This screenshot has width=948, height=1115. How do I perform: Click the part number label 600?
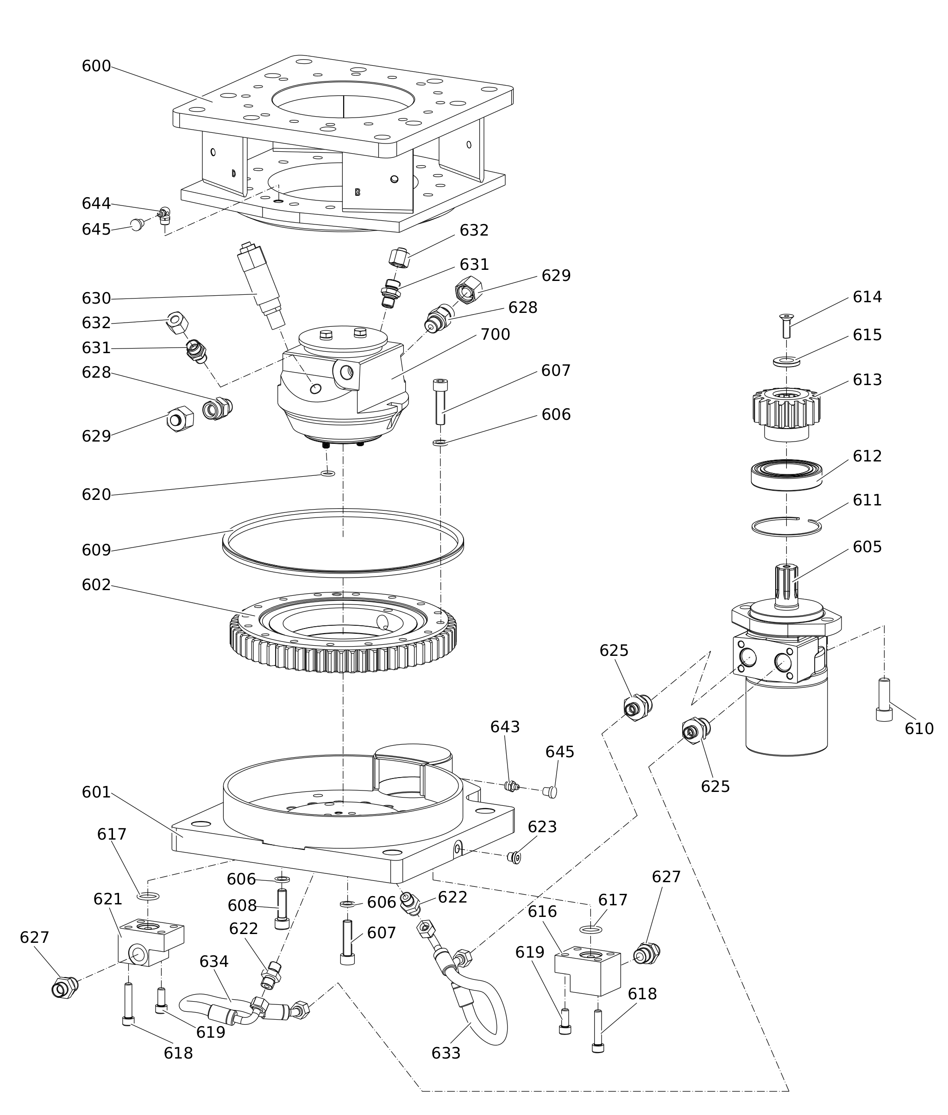tap(96, 66)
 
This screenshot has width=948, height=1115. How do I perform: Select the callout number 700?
tap(495, 334)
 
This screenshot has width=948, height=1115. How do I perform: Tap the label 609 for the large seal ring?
tap(96, 550)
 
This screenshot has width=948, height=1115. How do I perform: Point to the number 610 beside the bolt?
tap(919, 729)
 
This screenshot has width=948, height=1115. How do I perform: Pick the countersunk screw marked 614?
tap(787, 326)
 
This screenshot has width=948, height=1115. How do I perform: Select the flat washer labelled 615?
tap(787, 361)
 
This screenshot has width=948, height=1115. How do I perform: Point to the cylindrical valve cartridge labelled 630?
tap(261, 285)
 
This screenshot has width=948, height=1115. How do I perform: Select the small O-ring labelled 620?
tap(328, 473)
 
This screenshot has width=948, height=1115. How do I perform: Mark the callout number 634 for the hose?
tap(214, 961)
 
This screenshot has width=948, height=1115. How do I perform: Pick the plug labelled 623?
tap(515, 858)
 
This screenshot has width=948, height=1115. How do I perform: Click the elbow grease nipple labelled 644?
tap(164, 215)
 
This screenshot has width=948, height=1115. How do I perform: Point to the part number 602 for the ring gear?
tap(96, 585)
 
